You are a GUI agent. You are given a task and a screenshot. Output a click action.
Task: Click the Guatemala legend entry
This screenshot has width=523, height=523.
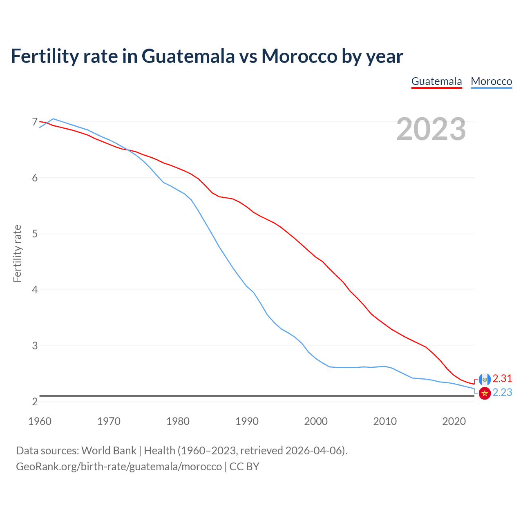point(436,81)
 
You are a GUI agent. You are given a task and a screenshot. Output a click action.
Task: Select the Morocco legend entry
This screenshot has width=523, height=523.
point(491,81)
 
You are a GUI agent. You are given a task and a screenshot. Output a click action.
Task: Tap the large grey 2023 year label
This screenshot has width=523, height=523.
point(431,129)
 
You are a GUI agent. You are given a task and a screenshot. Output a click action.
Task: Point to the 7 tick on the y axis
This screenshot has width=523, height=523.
point(35,122)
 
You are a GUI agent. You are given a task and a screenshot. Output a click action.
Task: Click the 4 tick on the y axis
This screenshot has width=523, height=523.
point(35,290)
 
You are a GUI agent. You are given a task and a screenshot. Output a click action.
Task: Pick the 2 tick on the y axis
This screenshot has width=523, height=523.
point(35,402)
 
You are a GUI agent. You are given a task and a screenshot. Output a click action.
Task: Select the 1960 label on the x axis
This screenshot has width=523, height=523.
point(40,421)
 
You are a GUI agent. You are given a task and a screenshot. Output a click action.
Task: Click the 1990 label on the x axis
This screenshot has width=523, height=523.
point(247,421)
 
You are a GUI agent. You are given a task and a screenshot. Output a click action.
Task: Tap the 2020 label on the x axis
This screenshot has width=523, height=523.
point(454,421)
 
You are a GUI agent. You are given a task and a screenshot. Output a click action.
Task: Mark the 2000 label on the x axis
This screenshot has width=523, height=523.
point(316,421)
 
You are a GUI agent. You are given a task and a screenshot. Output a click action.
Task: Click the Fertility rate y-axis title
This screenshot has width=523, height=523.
point(17,253)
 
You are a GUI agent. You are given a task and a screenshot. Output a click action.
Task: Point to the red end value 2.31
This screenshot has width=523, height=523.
point(502,378)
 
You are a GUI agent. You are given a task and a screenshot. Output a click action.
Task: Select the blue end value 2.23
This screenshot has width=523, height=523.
point(502,393)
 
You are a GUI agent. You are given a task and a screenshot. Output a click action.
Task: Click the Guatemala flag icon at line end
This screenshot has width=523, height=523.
point(485,380)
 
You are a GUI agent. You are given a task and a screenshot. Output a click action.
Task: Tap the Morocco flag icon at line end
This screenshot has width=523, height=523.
point(485,393)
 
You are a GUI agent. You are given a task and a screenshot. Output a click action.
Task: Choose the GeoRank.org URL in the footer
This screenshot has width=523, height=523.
point(118,466)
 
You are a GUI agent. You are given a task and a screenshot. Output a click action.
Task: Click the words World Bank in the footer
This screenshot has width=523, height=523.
point(109,451)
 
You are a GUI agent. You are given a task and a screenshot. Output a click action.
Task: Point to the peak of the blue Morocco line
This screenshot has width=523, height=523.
point(53,119)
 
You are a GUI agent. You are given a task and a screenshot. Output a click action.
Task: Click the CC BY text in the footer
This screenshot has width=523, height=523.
point(244,466)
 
